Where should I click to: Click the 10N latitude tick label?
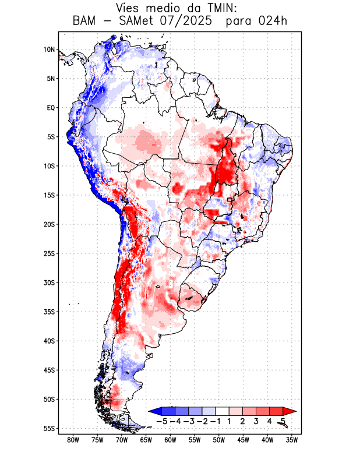(x=49, y=50)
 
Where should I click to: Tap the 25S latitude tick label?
(x=49, y=253)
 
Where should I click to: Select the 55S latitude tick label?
(x=49, y=428)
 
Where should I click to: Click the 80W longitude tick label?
(x=73, y=440)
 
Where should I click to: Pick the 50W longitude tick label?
(x=218, y=440)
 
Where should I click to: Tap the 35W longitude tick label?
(x=291, y=440)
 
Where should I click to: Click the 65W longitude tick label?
(x=146, y=440)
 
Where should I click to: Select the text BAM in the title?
(x=86, y=22)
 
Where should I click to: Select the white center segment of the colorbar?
(x=223, y=411)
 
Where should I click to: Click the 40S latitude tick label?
(x=49, y=341)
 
